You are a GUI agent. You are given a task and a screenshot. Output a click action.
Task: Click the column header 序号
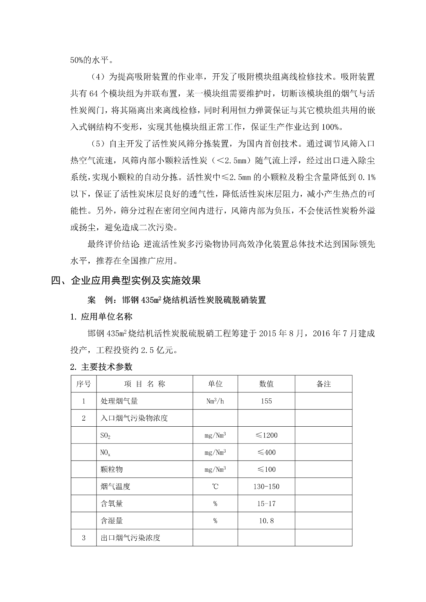point(84,384)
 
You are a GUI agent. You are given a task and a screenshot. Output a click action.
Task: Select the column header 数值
point(266,384)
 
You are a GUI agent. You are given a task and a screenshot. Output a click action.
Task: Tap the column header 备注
point(324,384)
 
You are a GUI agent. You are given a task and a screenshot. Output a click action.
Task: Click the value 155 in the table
point(266,401)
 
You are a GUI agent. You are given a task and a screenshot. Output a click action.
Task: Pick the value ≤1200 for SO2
point(266,435)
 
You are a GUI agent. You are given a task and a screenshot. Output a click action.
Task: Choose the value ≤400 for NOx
point(266,452)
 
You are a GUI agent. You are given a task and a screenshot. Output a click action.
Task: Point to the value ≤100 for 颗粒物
point(266,469)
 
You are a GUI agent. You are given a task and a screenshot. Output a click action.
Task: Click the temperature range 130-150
point(266,486)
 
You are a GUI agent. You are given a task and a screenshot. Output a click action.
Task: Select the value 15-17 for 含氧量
point(266,503)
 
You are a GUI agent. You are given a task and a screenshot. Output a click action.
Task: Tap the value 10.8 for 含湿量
point(266,521)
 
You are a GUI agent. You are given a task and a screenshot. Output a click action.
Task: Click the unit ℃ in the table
point(215,486)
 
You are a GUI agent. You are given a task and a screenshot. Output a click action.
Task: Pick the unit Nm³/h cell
point(215,401)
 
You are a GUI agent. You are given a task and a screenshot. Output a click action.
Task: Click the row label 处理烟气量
point(119,401)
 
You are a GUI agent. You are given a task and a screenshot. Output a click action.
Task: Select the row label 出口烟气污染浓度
point(130,538)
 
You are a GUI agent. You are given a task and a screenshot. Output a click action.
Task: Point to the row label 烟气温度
point(115,486)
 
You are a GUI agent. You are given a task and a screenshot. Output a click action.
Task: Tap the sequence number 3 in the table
point(84,538)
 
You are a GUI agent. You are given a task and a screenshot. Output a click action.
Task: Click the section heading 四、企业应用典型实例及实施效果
point(126,280)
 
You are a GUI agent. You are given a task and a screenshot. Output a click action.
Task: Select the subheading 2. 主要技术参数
point(101,367)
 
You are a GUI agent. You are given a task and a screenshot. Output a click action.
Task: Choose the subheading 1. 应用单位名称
point(101,316)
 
